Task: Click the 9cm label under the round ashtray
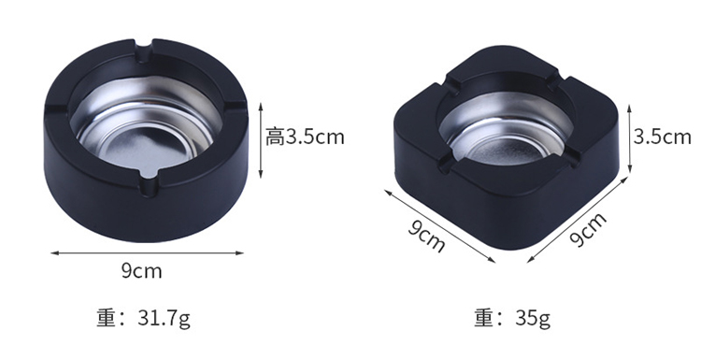(141, 271)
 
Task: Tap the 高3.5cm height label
(305, 137)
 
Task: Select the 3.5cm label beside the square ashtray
(662, 137)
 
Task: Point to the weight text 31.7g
(165, 319)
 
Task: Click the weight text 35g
(533, 319)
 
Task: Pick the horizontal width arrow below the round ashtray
(148, 253)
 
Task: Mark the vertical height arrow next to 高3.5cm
(261, 140)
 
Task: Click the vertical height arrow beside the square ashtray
(629, 138)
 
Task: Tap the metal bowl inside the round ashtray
(146, 130)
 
